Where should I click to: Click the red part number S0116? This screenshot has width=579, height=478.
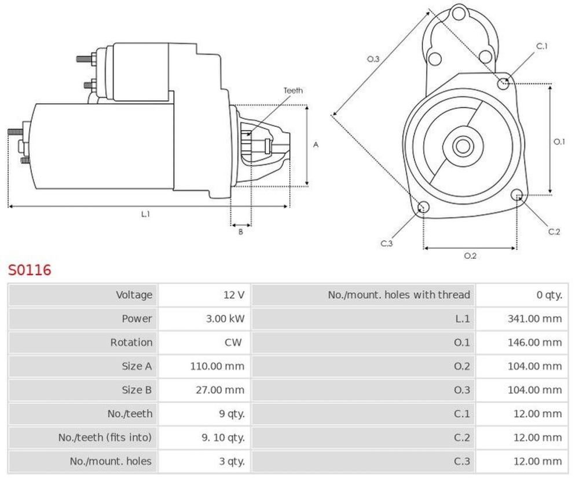tap(30, 270)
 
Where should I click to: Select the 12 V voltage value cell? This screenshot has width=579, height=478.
tap(234, 295)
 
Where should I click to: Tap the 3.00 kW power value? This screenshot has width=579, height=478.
tap(226, 319)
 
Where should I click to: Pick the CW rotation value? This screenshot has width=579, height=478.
tap(233, 342)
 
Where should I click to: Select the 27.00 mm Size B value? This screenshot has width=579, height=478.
tap(220, 390)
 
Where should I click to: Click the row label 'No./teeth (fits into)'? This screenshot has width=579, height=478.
tap(105, 437)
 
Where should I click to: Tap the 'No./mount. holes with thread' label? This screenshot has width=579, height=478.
tap(399, 295)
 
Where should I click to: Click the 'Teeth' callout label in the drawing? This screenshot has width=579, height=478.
tap(293, 90)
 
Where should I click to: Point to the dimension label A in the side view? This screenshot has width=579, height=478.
tap(316, 145)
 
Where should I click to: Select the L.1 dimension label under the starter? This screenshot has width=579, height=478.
tap(145, 214)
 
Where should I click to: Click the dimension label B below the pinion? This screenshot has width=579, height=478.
tap(240, 232)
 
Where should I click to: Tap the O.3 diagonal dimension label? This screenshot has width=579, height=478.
tap(373, 59)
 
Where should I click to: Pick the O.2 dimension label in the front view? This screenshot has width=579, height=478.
tap(470, 256)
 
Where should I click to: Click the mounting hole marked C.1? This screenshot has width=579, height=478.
tap(504, 84)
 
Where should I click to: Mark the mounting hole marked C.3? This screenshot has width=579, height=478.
tap(423, 207)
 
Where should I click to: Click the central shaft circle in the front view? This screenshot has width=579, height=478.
tap(463, 145)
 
